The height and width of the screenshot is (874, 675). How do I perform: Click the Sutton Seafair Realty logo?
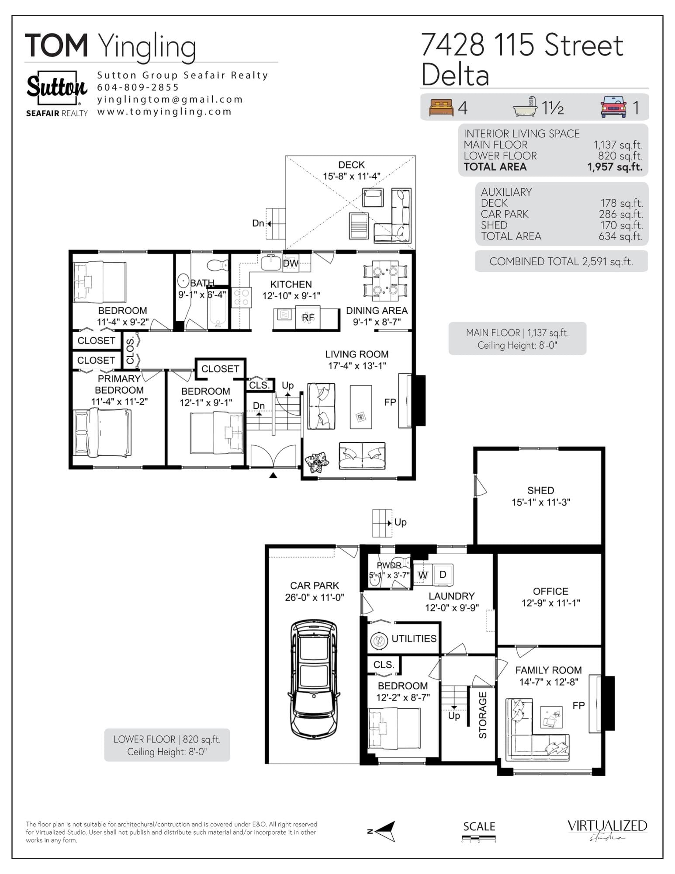[x=57, y=94]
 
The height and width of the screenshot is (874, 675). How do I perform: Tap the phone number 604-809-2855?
[x=138, y=87]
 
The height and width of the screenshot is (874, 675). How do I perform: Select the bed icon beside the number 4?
[x=441, y=108]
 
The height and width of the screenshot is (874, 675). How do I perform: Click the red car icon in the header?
[x=613, y=107]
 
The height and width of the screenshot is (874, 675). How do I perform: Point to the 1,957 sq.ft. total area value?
[x=615, y=167]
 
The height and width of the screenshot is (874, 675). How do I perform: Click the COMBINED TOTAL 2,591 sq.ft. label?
[x=561, y=261]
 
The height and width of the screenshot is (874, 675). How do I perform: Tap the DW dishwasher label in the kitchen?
[x=291, y=263]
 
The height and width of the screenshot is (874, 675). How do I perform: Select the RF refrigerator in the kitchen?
[x=308, y=318]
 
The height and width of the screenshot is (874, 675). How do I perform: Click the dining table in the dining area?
[x=385, y=281]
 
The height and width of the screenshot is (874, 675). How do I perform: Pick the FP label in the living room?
[x=390, y=402]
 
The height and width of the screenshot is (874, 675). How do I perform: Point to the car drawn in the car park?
[x=314, y=680]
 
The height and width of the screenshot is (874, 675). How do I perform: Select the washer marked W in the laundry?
[x=422, y=575]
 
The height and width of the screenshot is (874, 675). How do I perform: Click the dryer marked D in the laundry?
[x=443, y=575]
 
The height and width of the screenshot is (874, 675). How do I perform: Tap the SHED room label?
[x=540, y=490]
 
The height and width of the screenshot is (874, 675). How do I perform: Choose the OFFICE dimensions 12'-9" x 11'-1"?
[x=550, y=603]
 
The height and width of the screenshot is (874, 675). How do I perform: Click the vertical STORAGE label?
[x=483, y=715]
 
